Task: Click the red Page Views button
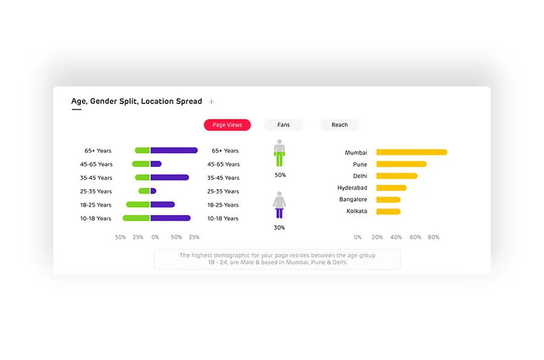pyautogui.click(x=227, y=125)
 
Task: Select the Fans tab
pyautogui.click(x=283, y=125)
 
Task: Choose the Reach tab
pyautogui.click(x=340, y=125)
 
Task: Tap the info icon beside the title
pyautogui.click(x=212, y=101)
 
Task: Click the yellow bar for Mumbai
pyautogui.click(x=412, y=152)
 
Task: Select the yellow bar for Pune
pyautogui.click(x=401, y=164)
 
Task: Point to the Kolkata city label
pyautogui.click(x=357, y=211)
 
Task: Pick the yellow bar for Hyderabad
pyautogui.click(x=391, y=188)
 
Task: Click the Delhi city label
pyautogui.click(x=360, y=176)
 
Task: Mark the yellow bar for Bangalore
pyautogui.click(x=388, y=199)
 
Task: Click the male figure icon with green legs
pyautogui.click(x=279, y=153)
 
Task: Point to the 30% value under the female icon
pyautogui.click(x=279, y=228)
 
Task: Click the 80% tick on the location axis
pyautogui.click(x=433, y=237)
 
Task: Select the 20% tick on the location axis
pyautogui.click(x=377, y=237)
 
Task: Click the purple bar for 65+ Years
pyautogui.click(x=174, y=150)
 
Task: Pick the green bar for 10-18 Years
pyautogui.click(x=137, y=218)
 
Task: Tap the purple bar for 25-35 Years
pyautogui.click(x=154, y=191)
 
